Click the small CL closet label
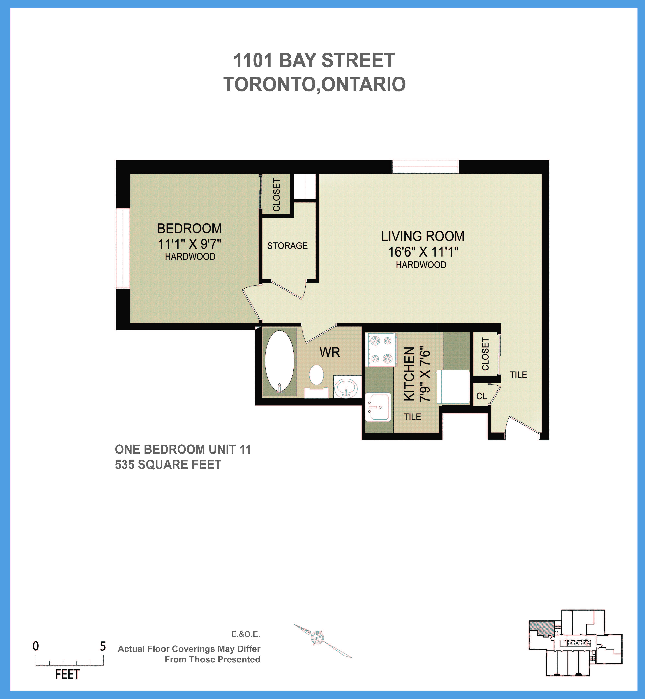pos(481,396)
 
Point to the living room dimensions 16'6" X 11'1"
pos(423,252)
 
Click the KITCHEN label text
pos(409,373)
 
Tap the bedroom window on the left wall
pos(123,248)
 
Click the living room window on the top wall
pos(425,167)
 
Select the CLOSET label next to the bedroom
pos(276,195)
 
